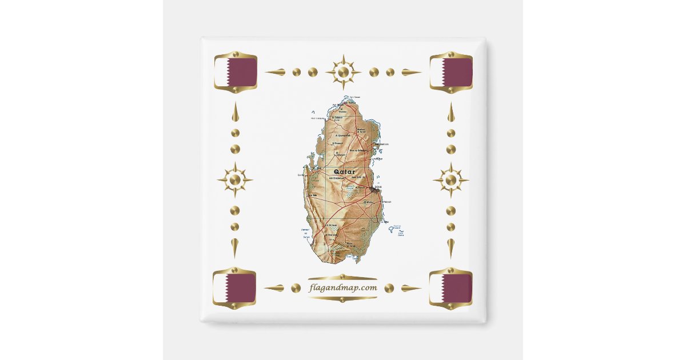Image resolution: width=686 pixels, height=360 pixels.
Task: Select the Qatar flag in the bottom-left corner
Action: [x=234, y=288]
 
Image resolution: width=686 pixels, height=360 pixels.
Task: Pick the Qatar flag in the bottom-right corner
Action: [x=450, y=288]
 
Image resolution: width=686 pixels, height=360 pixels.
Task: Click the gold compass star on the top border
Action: [x=343, y=72]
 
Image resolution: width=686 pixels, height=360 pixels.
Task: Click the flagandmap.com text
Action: [x=343, y=287]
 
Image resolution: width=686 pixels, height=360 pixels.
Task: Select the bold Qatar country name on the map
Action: [x=342, y=171]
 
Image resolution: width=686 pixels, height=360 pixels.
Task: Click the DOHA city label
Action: [x=378, y=187]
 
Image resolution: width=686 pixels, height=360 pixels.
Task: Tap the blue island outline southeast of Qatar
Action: [x=393, y=229]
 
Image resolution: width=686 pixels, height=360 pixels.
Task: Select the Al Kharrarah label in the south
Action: [x=332, y=235]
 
